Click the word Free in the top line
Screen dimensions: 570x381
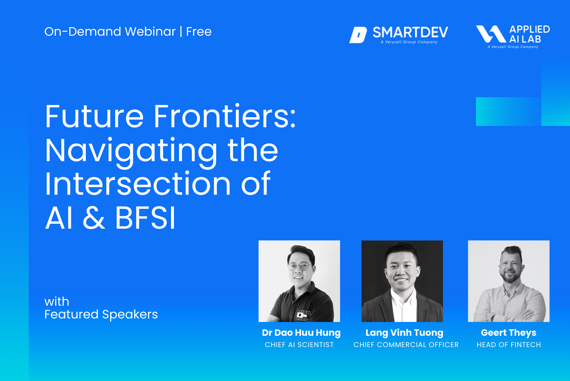click(199, 31)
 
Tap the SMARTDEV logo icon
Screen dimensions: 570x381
click(358, 35)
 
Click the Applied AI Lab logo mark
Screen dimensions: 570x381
click(491, 34)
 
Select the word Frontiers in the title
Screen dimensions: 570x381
click(224, 116)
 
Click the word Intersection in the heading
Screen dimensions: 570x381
click(138, 184)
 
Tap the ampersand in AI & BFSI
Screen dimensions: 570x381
click(94, 218)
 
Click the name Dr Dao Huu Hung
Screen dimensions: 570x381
click(301, 333)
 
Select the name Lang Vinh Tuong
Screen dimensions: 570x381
click(404, 333)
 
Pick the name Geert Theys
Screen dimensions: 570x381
click(509, 333)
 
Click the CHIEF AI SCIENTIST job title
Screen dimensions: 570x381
click(299, 345)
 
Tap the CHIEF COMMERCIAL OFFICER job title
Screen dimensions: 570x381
click(406, 345)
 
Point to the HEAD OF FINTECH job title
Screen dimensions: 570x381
click(509, 345)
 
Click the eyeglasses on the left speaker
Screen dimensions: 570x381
click(300, 267)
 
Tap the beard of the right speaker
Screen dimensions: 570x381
click(510, 277)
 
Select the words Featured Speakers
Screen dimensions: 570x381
click(101, 315)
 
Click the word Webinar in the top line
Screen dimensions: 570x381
click(150, 31)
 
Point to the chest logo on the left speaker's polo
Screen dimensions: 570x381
click(304, 316)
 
